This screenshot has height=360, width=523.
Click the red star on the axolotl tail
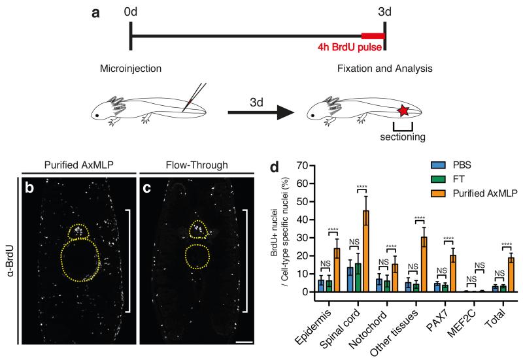(x=403, y=112)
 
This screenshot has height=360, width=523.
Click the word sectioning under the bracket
(x=403, y=138)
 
